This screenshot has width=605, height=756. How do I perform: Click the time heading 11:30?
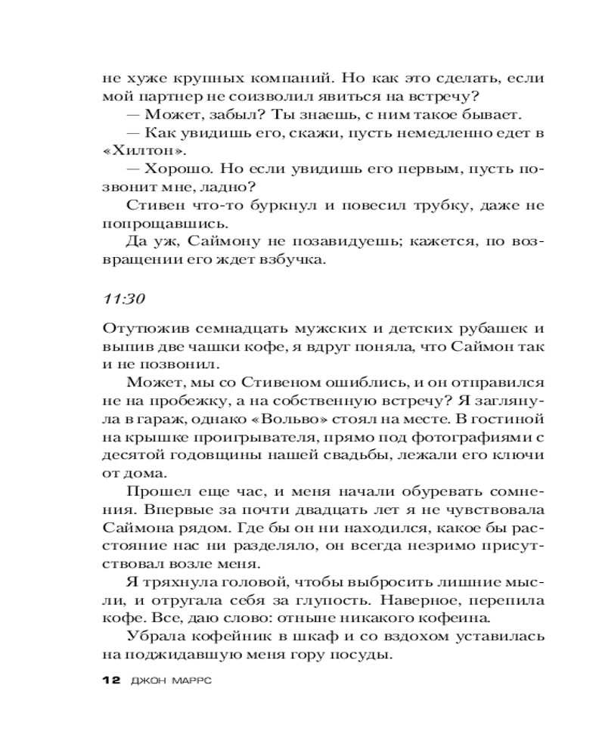point(123,298)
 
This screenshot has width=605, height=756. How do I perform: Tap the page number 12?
point(110,680)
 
